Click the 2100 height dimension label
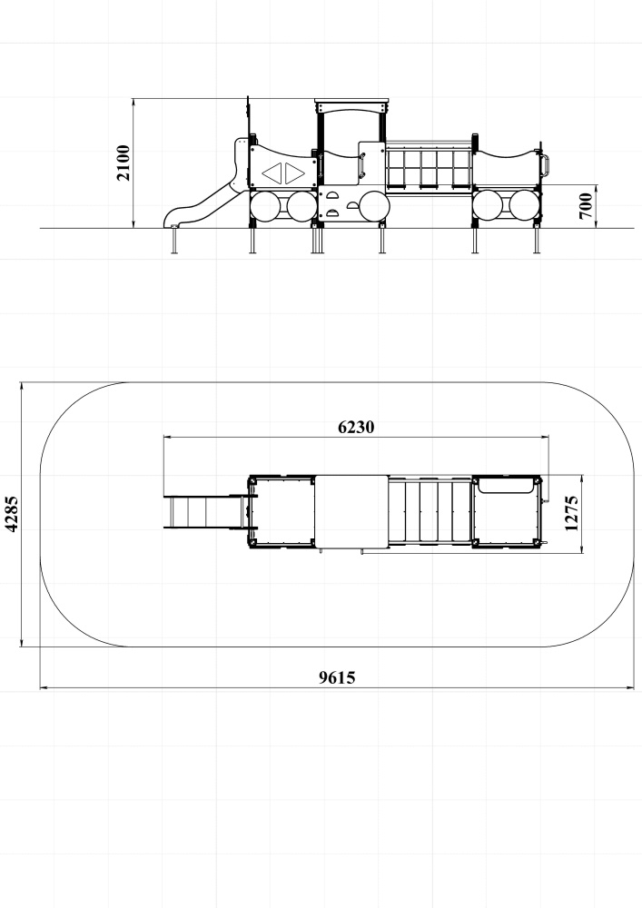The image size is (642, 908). click(123, 163)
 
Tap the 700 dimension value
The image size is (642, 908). click(586, 206)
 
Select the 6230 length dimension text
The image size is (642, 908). click(356, 427)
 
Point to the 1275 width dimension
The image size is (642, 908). click(571, 513)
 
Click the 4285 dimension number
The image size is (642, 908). click(11, 513)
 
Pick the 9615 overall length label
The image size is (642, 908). click(337, 677)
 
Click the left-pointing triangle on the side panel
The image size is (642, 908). click(272, 173)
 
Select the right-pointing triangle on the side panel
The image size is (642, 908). click(293, 173)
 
